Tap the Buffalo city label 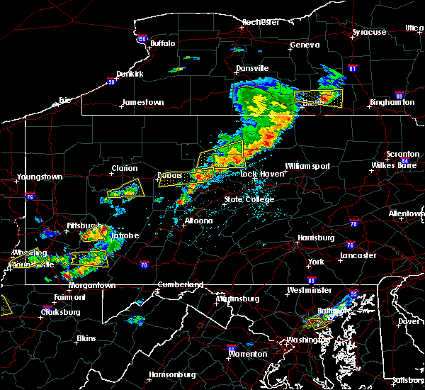(x=162, y=44)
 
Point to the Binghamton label (x=392, y=103)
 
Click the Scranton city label (x=402, y=155)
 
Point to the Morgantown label (x=92, y=285)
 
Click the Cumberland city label (x=179, y=285)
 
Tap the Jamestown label (x=142, y=102)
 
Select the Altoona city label (x=198, y=221)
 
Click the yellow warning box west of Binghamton (x=317, y=98)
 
